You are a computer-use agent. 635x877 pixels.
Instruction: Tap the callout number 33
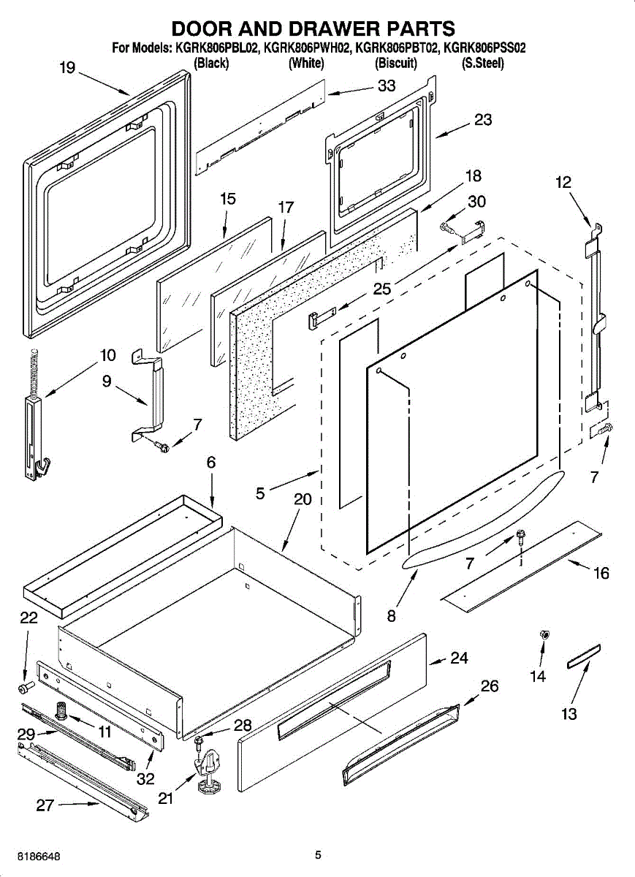(x=387, y=86)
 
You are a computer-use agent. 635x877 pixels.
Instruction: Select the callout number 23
(x=483, y=120)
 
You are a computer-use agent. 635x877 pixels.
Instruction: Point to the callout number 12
(x=563, y=183)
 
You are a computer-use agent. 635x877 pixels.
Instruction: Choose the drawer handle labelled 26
(x=402, y=745)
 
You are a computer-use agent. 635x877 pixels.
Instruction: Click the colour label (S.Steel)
(x=483, y=63)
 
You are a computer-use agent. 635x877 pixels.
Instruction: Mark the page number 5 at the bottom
(x=318, y=855)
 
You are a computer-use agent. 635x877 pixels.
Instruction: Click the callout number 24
(x=459, y=658)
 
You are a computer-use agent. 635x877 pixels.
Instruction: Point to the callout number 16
(x=601, y=574)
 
